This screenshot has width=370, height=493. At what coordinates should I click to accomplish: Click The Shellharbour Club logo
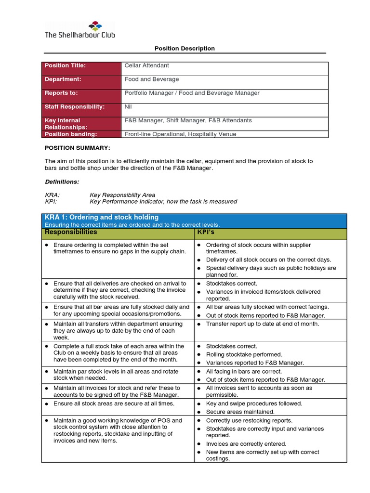tap(80, 29)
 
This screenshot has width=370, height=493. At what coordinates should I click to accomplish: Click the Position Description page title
tap(185, 49)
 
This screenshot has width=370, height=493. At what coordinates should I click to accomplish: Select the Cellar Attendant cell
tap(146, 65)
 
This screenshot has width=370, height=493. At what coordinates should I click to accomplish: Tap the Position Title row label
tap(65, 65)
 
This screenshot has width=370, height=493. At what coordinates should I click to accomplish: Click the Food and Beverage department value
tap(151, 79)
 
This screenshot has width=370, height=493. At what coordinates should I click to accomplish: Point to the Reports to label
tap(61, 93)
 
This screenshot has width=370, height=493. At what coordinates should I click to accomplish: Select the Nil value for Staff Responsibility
tap(128, 106)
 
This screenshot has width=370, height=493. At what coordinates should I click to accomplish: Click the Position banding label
tap(71, 134)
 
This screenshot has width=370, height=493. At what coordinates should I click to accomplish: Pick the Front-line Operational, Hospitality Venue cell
tap(180, 134)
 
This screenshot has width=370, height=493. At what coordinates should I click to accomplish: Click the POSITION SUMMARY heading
tap(78, 147)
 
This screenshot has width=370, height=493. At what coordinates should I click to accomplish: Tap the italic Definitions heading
tap(62, 182)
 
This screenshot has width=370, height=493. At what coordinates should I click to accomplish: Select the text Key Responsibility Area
tap(122, 195)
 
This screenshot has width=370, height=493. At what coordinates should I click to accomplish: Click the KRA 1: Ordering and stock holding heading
tap(102, 218)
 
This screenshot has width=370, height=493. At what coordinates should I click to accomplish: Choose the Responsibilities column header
tap(71, 232)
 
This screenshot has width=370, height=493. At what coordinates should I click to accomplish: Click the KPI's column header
tap(208, 232)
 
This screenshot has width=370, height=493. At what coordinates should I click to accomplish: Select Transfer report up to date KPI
tap(262, 324)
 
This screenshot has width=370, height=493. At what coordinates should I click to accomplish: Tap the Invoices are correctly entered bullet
tap(246, 444)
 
